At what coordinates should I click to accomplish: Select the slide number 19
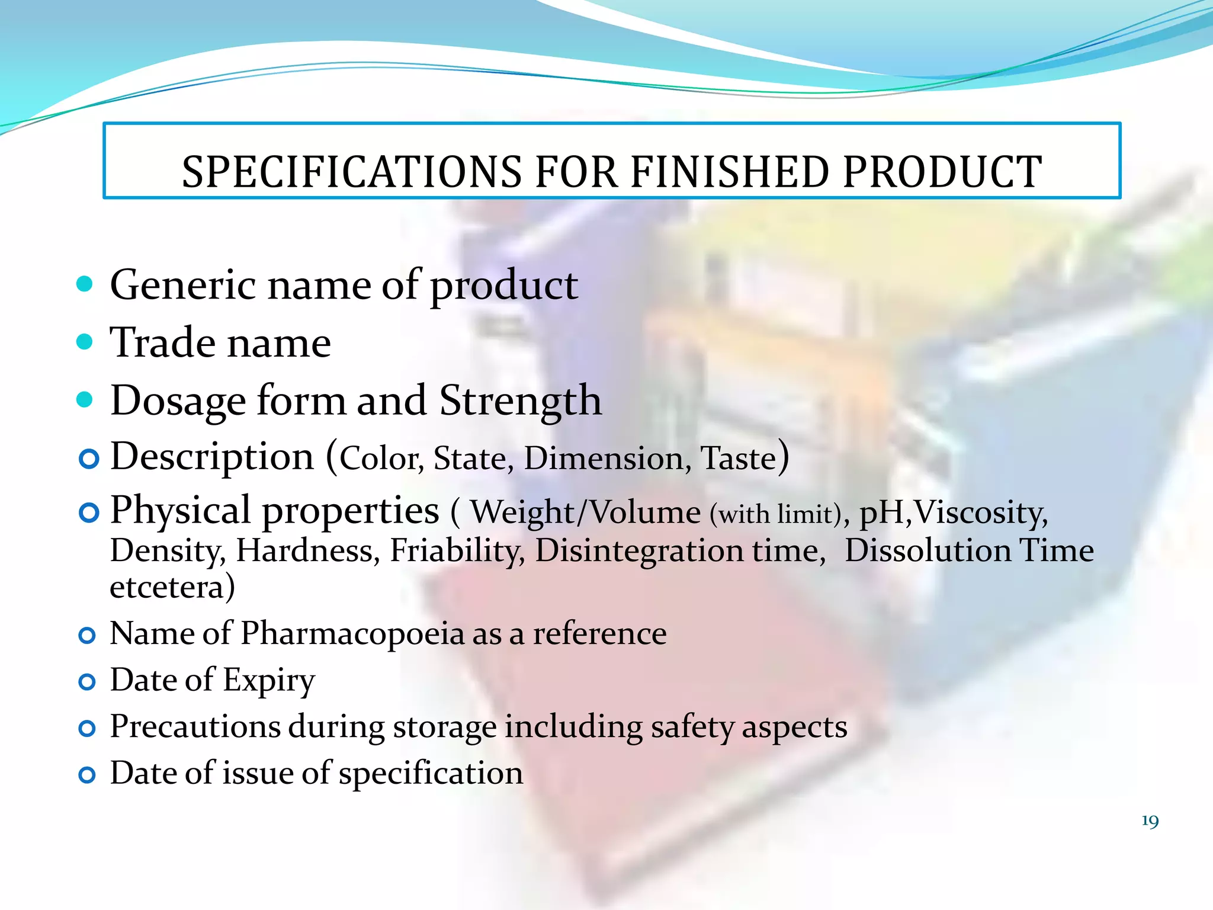pyautogui.click(x=1150, y=821)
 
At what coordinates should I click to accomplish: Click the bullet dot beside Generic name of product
pyautogui.click(x=85, y=284)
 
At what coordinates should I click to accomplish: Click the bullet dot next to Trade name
pyautogui.click(x=85, y=341)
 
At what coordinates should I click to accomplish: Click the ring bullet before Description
pyautogui.click(x=89, y=459)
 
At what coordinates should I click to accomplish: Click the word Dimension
pyautogui.click(x=604, y=459)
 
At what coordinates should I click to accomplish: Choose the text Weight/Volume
pyautogui.click(x=585, y=512)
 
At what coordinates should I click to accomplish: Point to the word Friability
pyautogui.click(x=457, y=550)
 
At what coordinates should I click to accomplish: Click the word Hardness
pyautogui.click(x=307, y=550)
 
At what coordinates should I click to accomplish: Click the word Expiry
pyautogui.click(x=269, y=680)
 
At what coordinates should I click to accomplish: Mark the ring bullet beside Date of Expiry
pyautogui.click(x=87, y=682)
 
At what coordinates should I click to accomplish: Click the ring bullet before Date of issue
pyautogui.click(x=87, y=775)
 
